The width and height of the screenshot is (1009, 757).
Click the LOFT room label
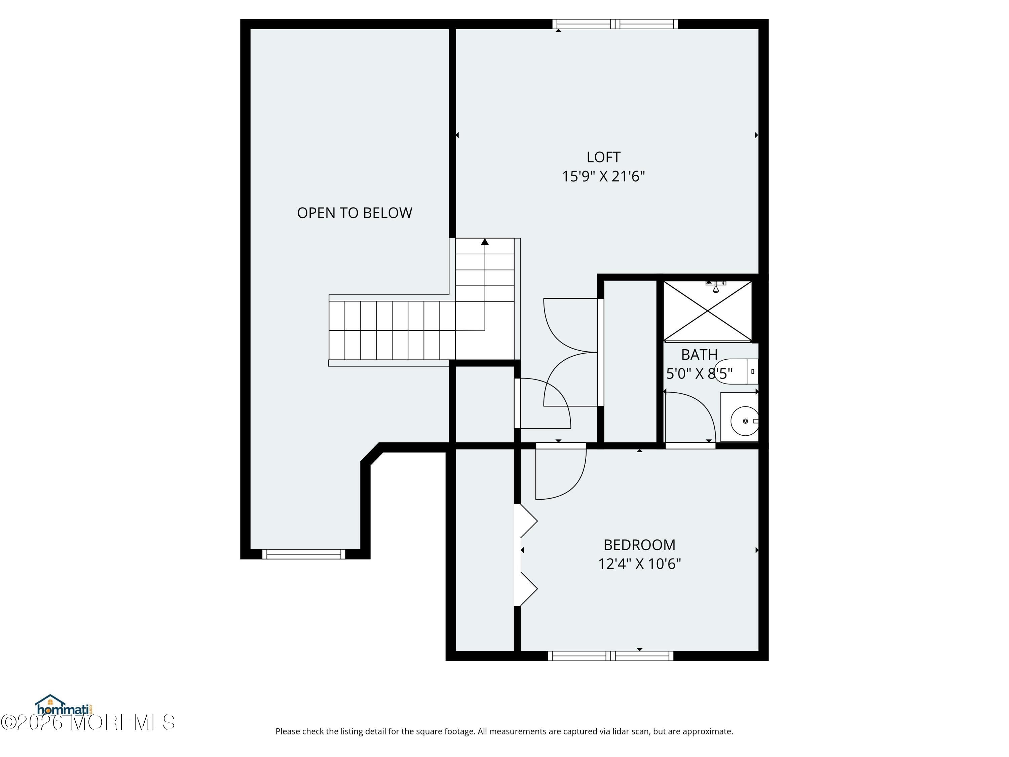603,157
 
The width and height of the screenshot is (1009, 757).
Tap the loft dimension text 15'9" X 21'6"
603,176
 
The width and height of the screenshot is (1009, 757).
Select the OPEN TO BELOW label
354,213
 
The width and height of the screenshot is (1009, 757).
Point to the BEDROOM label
639,545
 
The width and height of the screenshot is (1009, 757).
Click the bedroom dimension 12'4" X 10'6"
639,564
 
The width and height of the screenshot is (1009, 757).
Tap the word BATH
699,355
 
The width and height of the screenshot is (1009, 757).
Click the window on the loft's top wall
615,24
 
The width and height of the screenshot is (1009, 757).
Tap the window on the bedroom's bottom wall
610,656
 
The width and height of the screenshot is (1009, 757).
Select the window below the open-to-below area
304,554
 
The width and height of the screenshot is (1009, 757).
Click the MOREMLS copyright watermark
87,722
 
